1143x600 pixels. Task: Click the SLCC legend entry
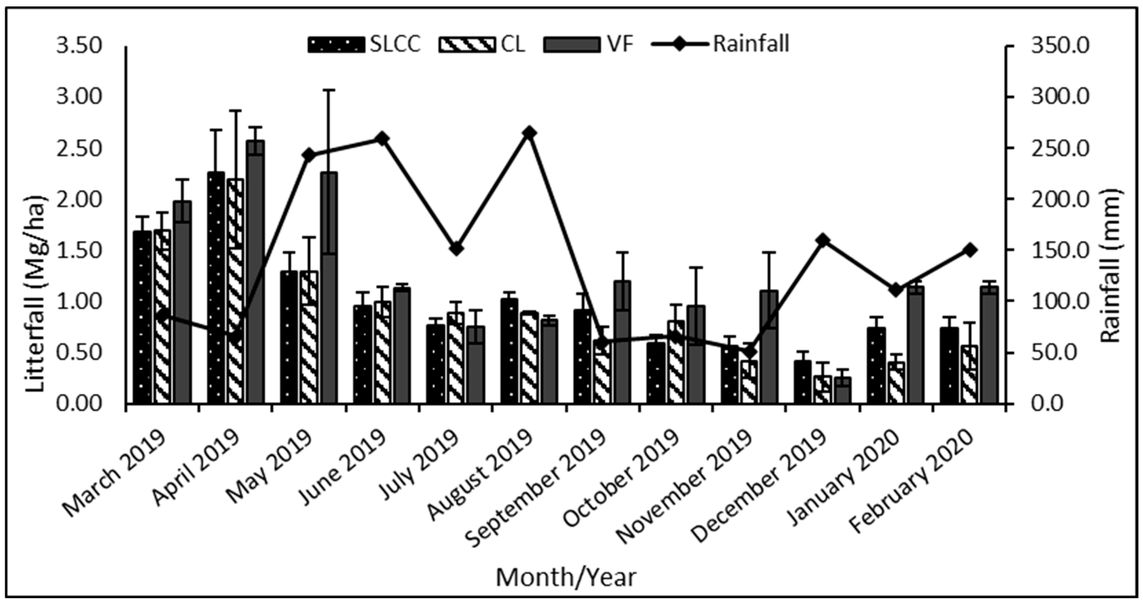364,44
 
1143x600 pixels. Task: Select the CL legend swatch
467,45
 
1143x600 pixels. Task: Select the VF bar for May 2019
329,288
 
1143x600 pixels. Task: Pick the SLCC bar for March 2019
142,317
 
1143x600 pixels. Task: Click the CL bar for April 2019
235,291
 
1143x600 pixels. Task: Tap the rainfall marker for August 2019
529,133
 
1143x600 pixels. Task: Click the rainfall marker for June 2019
382,139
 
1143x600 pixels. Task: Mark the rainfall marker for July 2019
456,249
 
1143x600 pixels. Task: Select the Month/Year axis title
566,577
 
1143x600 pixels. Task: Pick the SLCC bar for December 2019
802,382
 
